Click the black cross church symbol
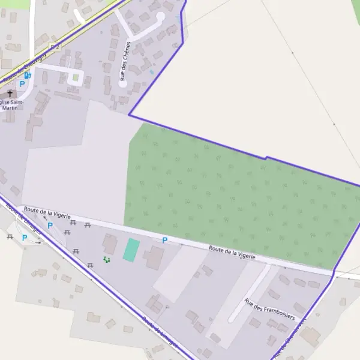tap(10, 94)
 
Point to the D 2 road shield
tap(55, 46)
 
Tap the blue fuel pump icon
tap(28, 76)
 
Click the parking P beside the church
tap(22, 84)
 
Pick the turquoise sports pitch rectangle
tap(131, 250)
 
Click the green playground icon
tap(106, 259)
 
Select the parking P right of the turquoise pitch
tap(164, 240)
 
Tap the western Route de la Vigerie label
tap(47, 212)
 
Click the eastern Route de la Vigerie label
tap(232, 252)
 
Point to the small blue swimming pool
tap(151, 73)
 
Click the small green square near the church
tap(76, 77)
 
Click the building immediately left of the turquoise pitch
tap(110, 244)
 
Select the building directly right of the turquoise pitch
tap(154, 257)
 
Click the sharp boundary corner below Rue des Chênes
tap(129, 115)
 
